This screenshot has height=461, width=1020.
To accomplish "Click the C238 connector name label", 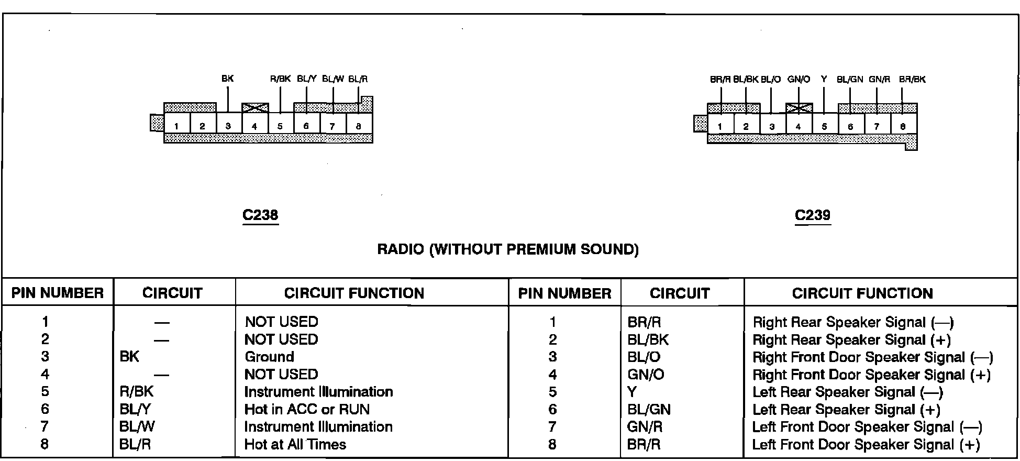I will coord(260,215).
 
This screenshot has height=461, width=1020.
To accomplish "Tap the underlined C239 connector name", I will coord(813,215).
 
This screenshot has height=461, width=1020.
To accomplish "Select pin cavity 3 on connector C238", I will coord(228,126).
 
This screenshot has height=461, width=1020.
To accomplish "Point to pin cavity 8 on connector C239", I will coord(903,126).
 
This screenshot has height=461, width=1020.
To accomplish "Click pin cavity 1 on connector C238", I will coord(177,126).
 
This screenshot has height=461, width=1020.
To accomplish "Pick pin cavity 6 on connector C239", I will coord(851,126).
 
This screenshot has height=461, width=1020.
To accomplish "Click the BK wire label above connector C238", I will coord(227,79).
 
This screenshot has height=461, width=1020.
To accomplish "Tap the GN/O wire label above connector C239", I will coord(799,80).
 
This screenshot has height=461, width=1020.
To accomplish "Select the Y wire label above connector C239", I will coord(824,79).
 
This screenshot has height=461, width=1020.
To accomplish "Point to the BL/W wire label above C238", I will coord(333,79).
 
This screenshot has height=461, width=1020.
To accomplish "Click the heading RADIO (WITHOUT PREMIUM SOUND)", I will coord(508,249).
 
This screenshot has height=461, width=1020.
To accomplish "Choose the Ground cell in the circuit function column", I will coord(269,357).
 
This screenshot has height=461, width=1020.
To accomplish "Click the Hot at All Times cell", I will coord(295,444).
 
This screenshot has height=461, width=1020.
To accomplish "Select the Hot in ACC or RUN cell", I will coord(307,409).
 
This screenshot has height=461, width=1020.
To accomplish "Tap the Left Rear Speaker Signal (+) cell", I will coord(846,410).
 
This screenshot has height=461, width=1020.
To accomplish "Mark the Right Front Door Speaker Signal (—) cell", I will coord(872,357).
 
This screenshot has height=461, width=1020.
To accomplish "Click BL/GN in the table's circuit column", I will coord(649,409).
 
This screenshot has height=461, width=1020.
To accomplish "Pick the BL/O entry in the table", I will coord(644,357).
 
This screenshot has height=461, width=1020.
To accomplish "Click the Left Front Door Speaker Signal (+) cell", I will coord(866,445).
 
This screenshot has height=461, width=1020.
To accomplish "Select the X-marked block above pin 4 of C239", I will coord(799,108).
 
